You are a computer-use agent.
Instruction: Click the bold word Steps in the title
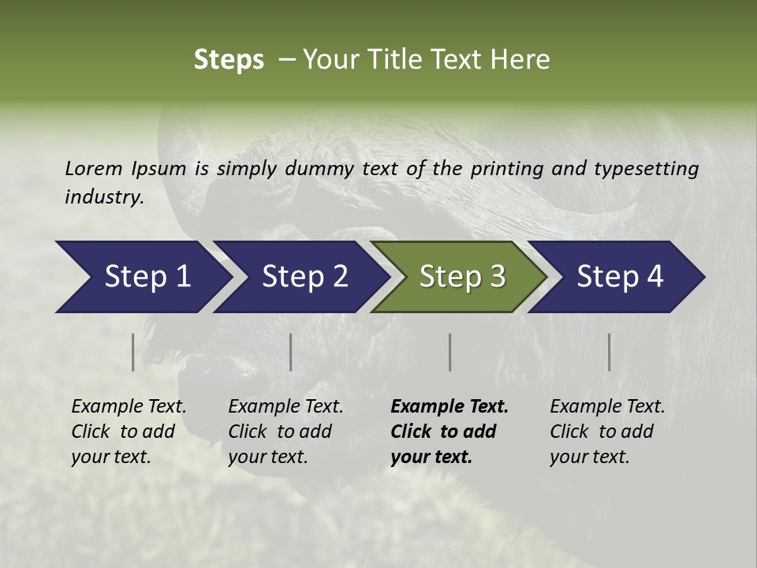point(229,60)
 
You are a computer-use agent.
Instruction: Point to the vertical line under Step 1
point(133,352)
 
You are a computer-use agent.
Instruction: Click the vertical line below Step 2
point(291,352)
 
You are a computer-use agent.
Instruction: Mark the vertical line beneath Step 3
point(450,352)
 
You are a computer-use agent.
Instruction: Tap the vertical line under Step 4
point(610,352)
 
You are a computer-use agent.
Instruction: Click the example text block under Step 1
point(129,432)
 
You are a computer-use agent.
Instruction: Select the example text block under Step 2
point(285,432)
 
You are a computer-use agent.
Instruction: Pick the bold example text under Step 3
point(449,432)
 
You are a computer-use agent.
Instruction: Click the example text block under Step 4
point(607,432)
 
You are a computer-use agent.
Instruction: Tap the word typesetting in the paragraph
point(651,168)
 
